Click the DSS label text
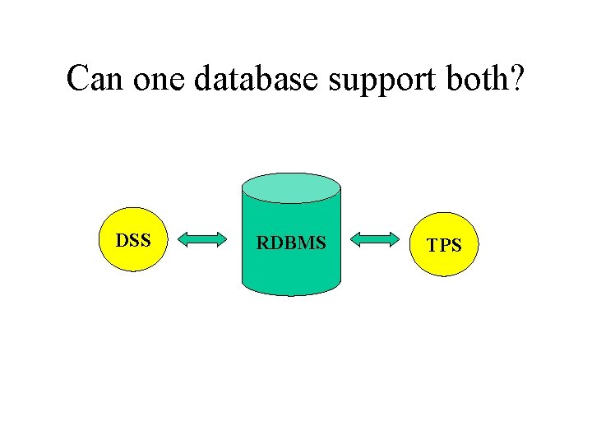tap(132, 241)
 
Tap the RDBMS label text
tap(291, 243)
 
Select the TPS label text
tap(444, 245)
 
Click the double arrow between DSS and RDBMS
tap(202, 240)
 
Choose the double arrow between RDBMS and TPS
tap(373, 240)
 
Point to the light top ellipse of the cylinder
tap(291, 188)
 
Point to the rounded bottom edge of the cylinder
tap(291, 291)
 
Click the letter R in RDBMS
tap(262, 243)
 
